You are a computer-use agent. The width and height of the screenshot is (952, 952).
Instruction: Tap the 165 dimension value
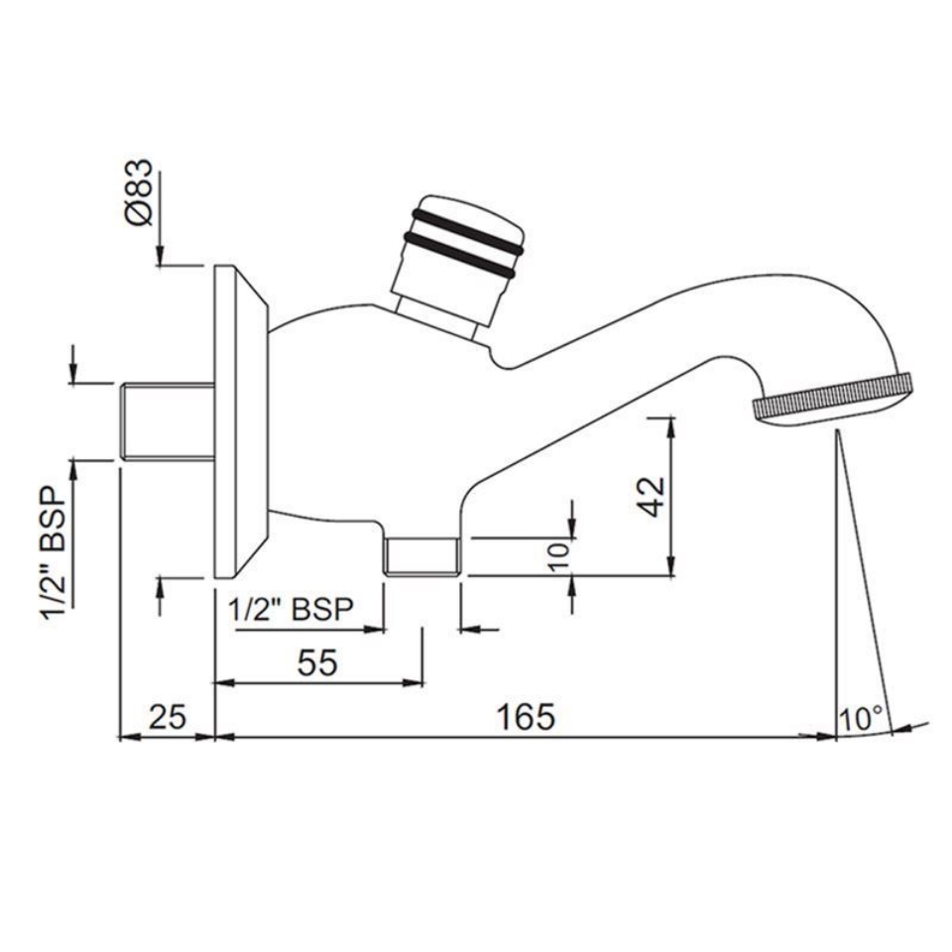click(x=527, y=715)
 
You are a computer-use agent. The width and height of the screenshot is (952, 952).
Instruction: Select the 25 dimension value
click(x=168, y=715)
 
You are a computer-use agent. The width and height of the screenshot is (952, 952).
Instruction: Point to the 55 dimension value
click(x=317, y=663)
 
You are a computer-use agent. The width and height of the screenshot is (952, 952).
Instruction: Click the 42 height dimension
click(x=651, y=495)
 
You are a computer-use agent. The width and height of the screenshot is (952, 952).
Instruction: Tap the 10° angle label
click(x=861, y=717)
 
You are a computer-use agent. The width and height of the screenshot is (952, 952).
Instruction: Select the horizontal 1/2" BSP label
click(x=291, y=610)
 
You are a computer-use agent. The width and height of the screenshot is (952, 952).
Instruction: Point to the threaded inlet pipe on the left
click(x=167, y=420)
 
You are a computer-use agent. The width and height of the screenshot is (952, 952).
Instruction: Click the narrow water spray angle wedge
click(x=857, y=595)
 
